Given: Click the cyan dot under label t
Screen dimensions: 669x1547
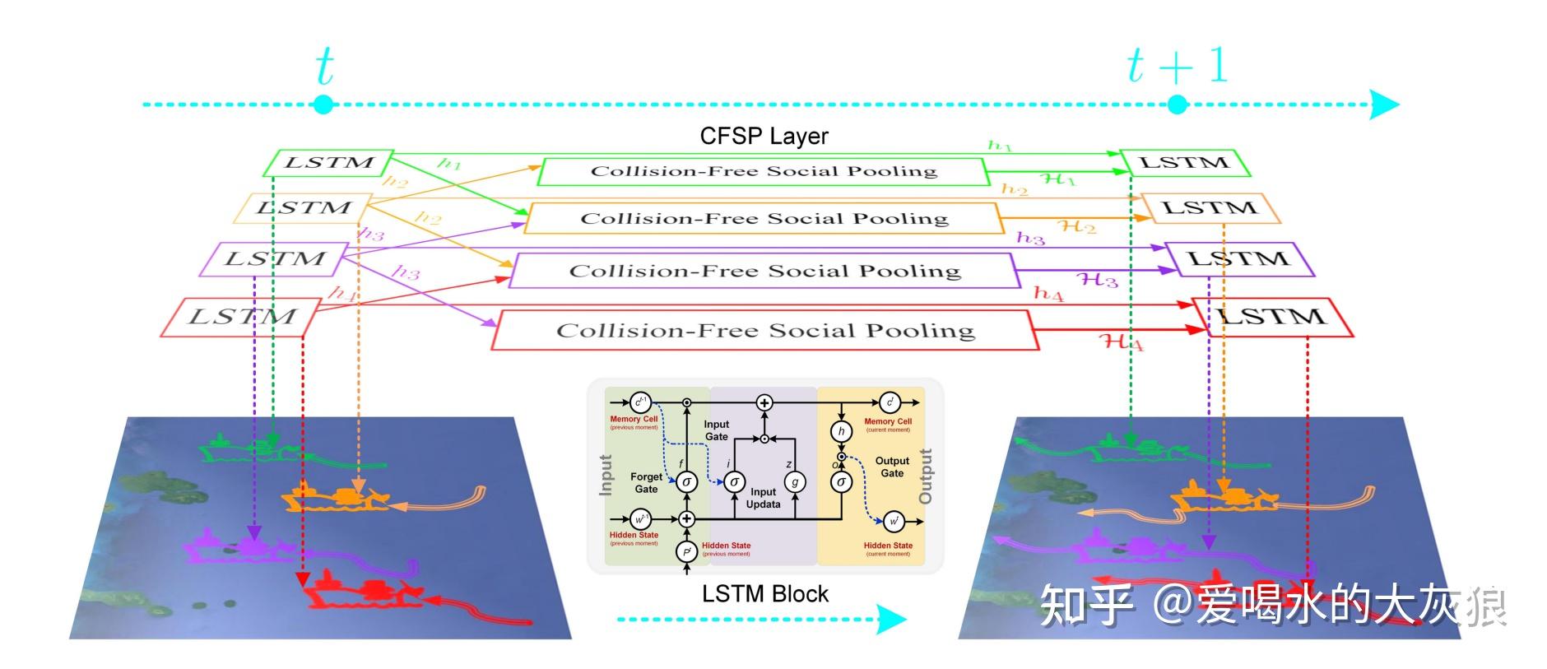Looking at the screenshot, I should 323,105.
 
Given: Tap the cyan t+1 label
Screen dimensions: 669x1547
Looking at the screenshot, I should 1177,66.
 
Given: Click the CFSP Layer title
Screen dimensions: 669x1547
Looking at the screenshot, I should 764,136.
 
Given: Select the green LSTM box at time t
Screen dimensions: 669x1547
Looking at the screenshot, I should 328,163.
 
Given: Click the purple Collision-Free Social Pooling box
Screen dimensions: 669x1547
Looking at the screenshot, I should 764,271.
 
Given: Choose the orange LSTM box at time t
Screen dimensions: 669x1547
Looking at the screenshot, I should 304,208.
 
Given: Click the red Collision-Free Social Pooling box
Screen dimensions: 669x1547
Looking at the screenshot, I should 764,331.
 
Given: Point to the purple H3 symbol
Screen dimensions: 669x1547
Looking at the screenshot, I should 1098,280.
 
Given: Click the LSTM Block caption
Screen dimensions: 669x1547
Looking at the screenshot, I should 764,594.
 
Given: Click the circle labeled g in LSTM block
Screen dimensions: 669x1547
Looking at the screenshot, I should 795,482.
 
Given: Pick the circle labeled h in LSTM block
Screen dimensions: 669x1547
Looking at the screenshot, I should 841,431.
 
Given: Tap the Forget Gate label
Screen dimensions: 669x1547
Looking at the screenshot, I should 646,483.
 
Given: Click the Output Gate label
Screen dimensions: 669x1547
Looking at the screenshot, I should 892,467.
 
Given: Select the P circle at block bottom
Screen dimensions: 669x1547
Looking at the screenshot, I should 686,551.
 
